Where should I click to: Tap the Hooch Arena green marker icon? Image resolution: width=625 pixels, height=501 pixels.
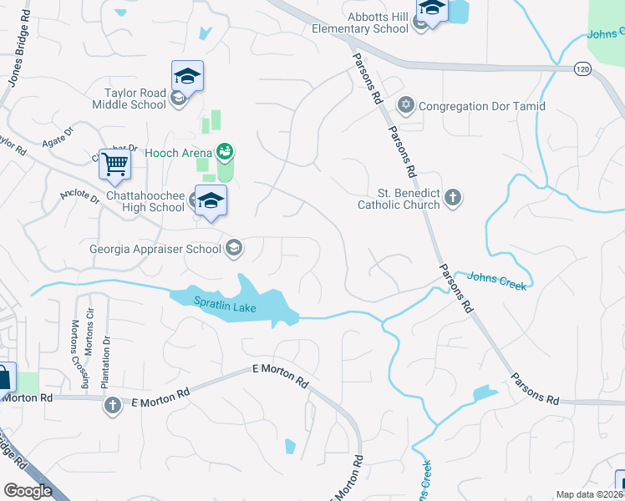coord(224,152)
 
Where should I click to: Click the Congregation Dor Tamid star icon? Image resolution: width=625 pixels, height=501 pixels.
coord(406,105)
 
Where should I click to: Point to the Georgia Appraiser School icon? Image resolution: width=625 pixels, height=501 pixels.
coord(234,247)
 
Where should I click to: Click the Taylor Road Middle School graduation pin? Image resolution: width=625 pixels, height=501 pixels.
coord(187,77)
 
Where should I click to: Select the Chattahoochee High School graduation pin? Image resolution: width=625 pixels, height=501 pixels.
coord(211,201)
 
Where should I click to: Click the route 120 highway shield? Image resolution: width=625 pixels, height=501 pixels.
coord(582,68)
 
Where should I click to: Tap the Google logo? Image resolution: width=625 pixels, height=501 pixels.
coord(28,491)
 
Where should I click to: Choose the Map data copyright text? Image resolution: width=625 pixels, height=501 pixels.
coord(590,494)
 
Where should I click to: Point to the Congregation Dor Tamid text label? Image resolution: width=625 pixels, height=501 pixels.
coord(481,106)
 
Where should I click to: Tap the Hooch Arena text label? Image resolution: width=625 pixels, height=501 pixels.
coord(177,153)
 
